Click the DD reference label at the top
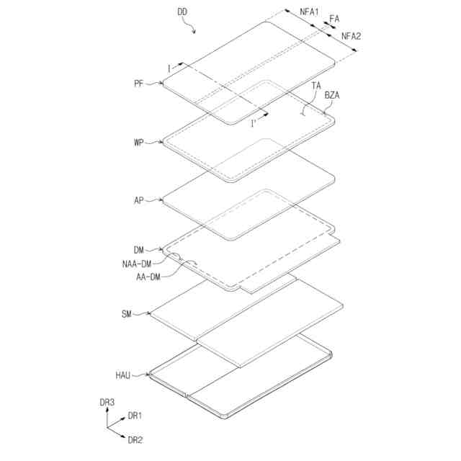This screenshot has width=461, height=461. click(184, 12)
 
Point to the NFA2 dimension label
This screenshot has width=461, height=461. click(352, 36)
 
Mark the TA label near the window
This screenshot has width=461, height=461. click(317, 85)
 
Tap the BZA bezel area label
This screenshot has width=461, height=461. click(334, 94)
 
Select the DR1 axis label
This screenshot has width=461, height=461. click(135, 416)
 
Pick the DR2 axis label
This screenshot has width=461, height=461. click(135, 439)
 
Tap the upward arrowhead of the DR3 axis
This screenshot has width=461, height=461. click(108, 410)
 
